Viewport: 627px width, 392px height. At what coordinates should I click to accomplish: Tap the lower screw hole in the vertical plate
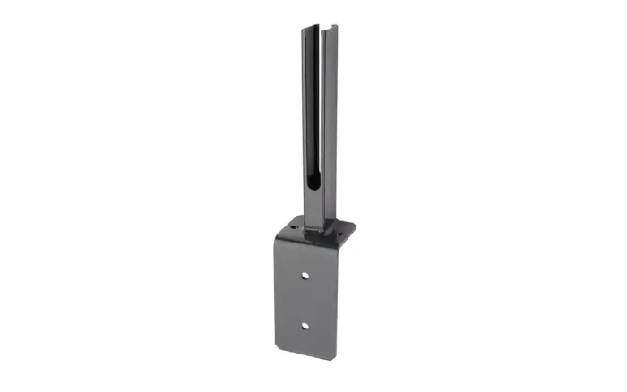pyautogui.click(x=305, y=325)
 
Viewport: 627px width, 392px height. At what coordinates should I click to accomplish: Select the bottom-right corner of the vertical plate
pyautogui.click(x=337, y=359)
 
